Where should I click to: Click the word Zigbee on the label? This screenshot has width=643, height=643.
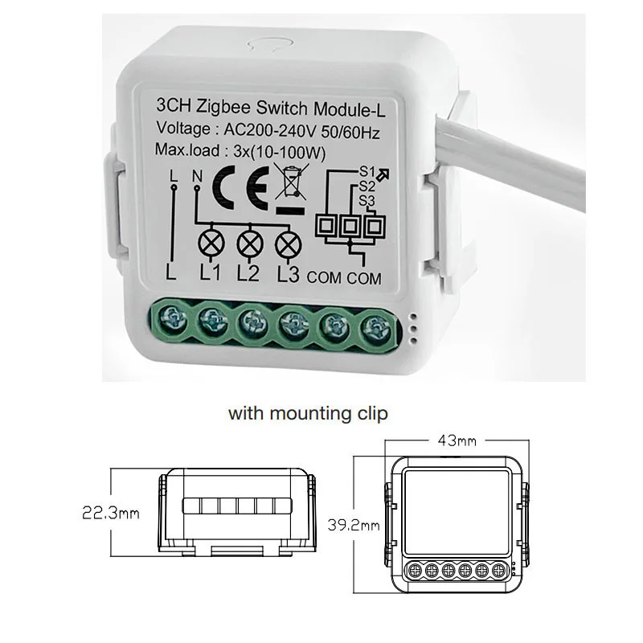223,106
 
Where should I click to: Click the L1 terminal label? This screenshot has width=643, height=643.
210,274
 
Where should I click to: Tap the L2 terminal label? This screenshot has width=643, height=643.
249,274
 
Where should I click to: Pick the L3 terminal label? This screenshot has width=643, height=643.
288,274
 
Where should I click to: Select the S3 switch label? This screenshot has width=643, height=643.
367,200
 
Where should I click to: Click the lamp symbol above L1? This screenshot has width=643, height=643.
211,241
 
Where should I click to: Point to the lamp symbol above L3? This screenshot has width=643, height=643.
288,241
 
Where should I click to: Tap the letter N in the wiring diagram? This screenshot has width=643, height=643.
198,175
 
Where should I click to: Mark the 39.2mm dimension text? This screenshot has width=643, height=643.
354,526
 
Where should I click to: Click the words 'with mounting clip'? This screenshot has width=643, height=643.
309,414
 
